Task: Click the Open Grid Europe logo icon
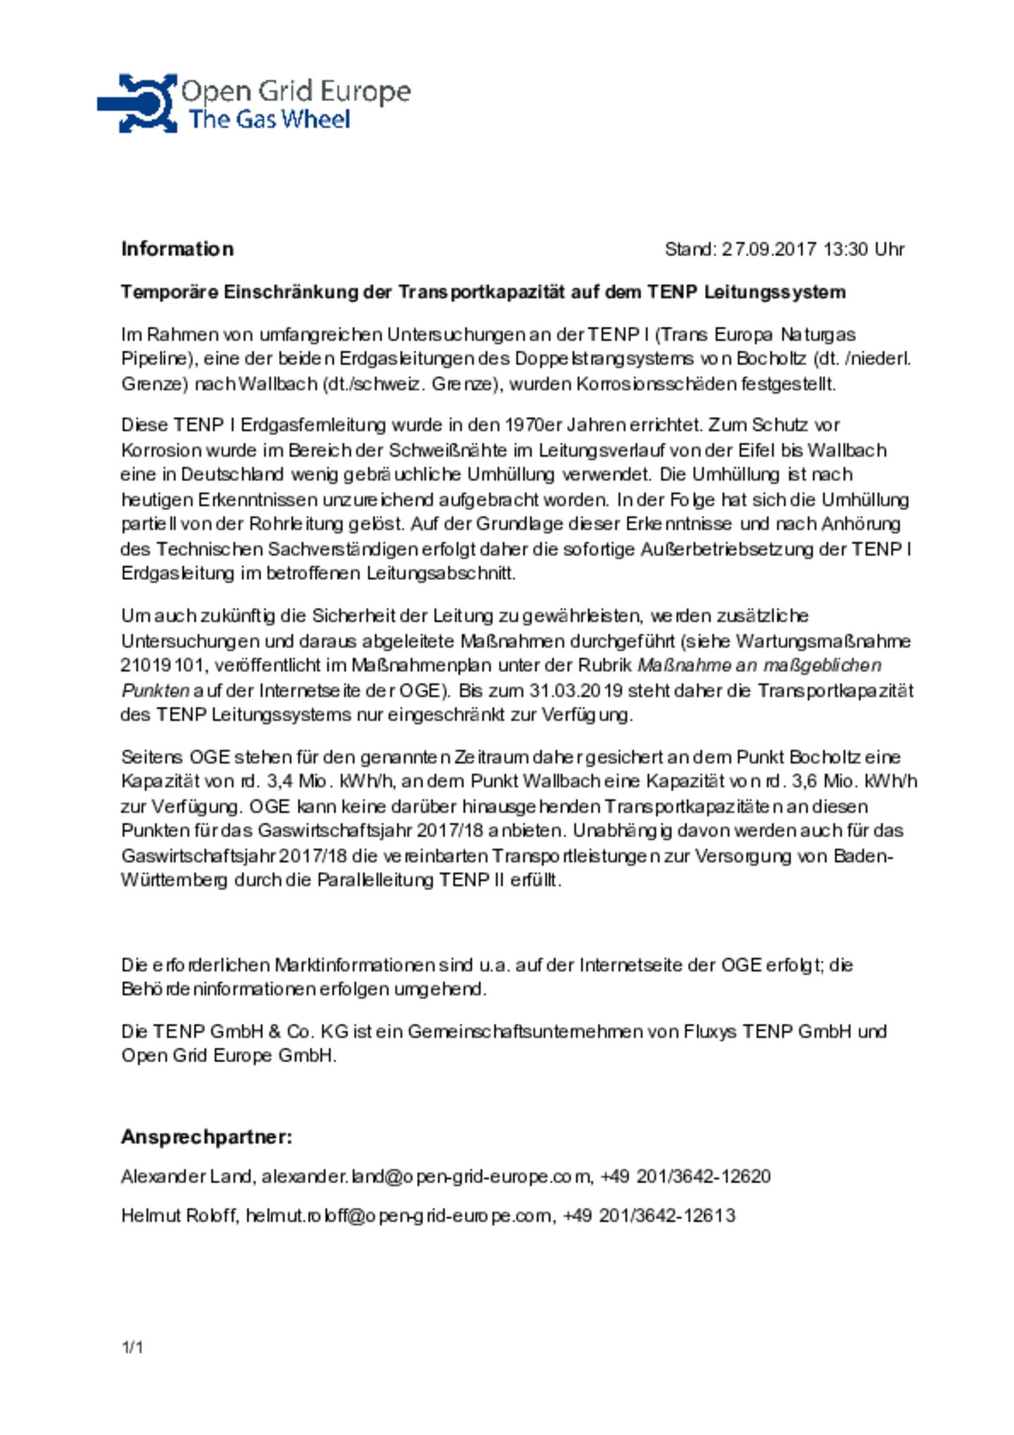[137, 104]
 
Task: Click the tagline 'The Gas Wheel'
[268, 119]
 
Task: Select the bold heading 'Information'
[177, 249]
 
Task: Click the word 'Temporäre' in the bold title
[169, 292]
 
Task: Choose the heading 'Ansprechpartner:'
[206, 1137]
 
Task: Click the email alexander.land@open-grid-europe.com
[427, 1177]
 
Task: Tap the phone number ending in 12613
[649, 1216]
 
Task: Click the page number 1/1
[132, 1348]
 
